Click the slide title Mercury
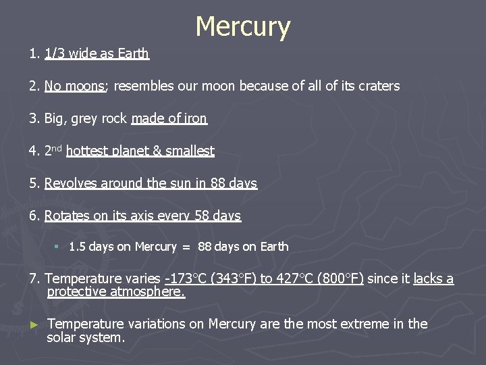[243, 27]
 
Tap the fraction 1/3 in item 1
[54, 53]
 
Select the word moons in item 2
[84, 86]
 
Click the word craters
[379, 86]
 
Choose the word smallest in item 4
[190, 151]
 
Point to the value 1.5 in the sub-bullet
[77, 247]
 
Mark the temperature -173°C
[184, 278]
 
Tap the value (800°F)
[342, 278]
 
